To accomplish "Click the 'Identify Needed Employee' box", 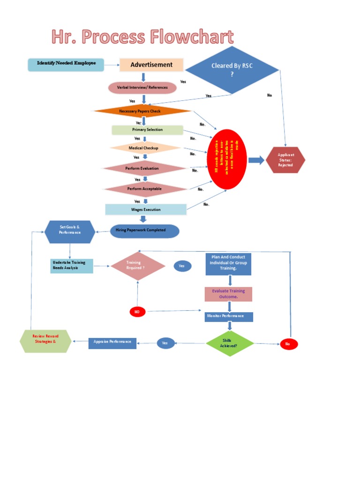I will pos(66,64).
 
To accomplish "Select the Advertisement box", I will pos(151,65).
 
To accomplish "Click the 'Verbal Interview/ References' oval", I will pos(142,88).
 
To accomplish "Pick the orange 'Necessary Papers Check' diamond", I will pos(142,111).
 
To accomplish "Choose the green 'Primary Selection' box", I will pos(147,130).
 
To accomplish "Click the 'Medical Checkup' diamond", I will pos(144,148).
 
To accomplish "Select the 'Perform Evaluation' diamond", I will pos(144,168).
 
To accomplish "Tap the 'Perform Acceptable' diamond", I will pos(144,189).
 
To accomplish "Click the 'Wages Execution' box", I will pos(146,210).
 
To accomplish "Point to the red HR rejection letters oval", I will pos(227,159).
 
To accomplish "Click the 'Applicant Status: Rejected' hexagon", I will pos(285,160).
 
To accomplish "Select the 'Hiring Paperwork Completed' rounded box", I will pos(144,231).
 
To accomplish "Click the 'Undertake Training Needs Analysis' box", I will pos(72,266).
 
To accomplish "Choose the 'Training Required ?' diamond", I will pos(137,266).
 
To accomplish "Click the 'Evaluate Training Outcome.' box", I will pos(228,294).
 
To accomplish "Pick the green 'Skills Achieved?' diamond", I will pos(230,343).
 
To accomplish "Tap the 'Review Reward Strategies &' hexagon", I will pos(45,341).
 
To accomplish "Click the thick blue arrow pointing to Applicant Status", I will pos(256,160).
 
